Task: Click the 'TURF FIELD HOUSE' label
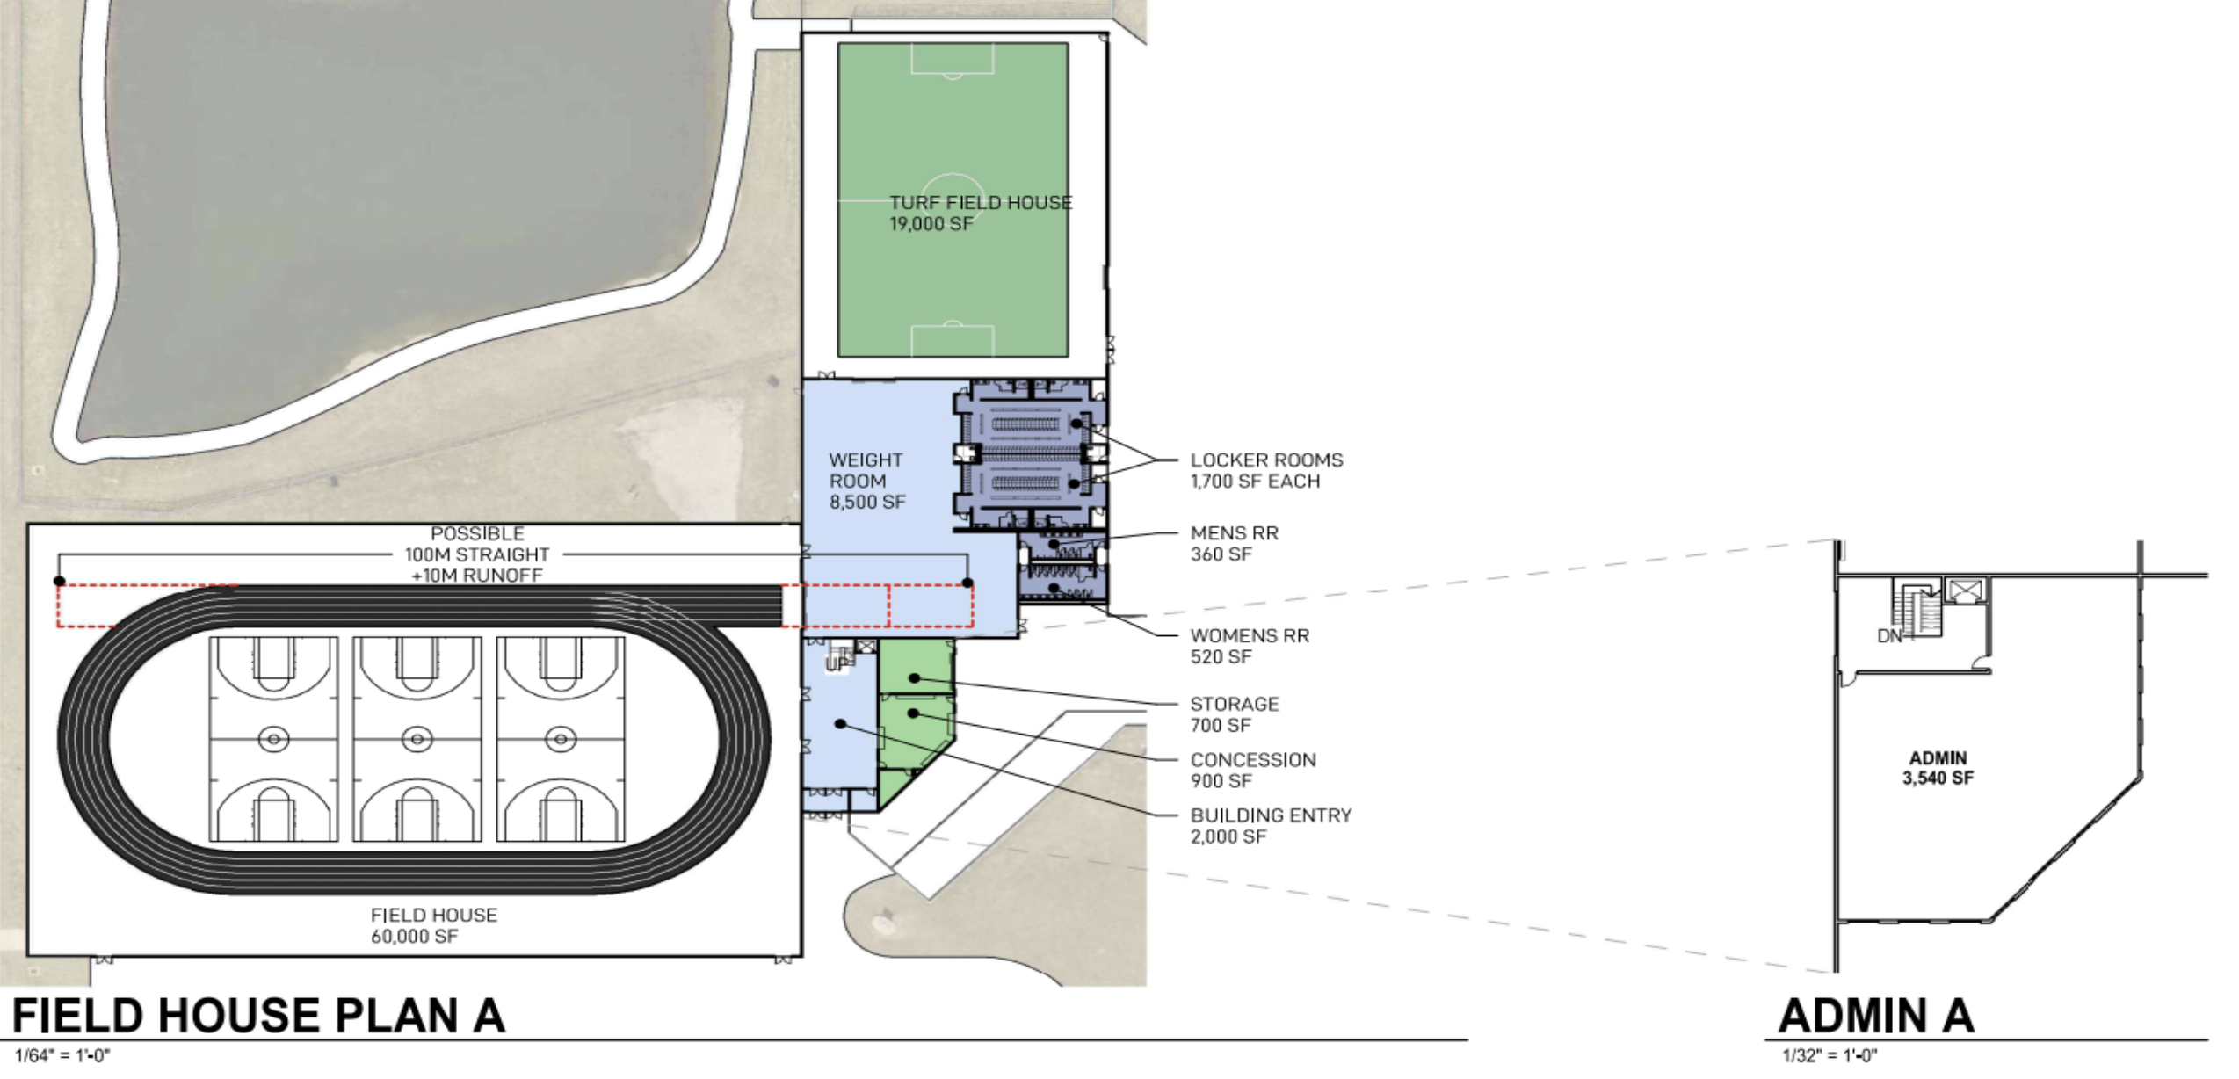981,203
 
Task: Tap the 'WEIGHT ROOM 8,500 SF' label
866,482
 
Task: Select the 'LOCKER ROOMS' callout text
1266,460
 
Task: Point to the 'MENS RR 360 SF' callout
1234,544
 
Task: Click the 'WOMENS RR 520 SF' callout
1250,646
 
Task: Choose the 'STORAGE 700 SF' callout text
1235,714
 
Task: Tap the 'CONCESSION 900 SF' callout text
1253,771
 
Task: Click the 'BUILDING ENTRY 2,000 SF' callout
1271,826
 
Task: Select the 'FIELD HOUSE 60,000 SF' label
434,926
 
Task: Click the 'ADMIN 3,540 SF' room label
1938,768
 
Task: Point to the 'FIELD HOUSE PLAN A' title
258,1016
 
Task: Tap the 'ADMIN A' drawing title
1876,1016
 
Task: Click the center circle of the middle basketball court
417,739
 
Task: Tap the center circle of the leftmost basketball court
274,739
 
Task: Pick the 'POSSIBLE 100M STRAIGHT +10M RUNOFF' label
477,554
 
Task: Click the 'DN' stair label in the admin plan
1888,636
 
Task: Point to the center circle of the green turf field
953,200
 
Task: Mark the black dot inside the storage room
915,678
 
